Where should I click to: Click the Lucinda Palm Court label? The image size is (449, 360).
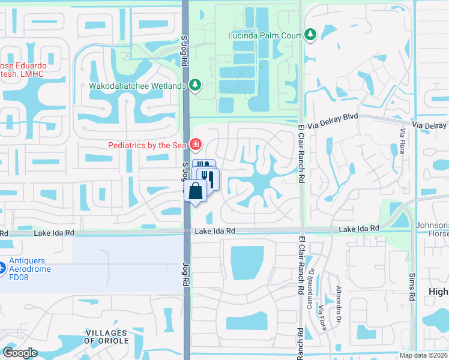264,35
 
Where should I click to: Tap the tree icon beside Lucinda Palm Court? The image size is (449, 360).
310,34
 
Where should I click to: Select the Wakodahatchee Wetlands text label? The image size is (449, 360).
137,86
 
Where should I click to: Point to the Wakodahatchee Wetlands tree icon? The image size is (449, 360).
195,86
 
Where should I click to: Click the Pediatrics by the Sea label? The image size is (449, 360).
147,145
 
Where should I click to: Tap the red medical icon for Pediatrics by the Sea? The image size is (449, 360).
195,145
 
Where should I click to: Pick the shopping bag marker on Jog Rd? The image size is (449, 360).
196,192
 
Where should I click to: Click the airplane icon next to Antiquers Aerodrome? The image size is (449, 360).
2,265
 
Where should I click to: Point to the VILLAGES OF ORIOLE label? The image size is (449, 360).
106,337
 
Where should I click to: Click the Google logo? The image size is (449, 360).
20,352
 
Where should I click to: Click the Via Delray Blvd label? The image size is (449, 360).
333,121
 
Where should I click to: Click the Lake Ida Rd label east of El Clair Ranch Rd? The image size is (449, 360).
359,229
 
